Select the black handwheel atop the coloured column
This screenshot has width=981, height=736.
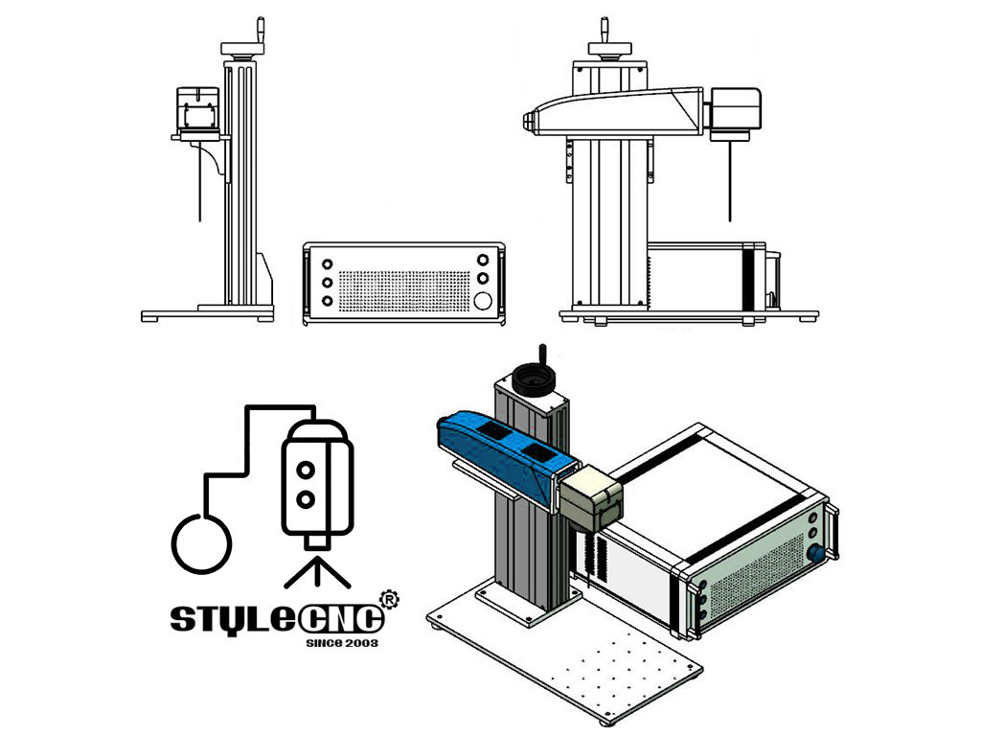(x=532, y=380)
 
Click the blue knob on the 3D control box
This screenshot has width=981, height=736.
(x=816, y=553)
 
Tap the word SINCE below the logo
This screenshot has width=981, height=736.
(x=322, y=643)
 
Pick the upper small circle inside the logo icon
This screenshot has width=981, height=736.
(x=306, y=469)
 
